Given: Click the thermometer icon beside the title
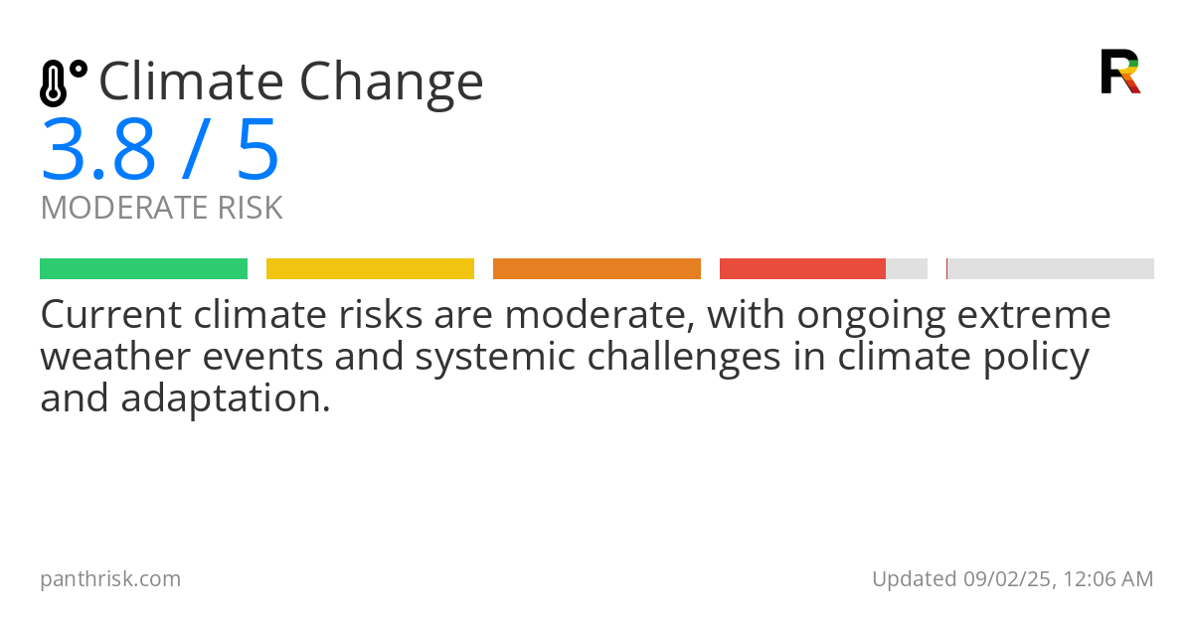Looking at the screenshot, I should tap(63, 83).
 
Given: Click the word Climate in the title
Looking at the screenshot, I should tap(190, 81).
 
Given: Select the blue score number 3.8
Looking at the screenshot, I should tap(98, 152).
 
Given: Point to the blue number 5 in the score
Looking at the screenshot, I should tap(257, 152).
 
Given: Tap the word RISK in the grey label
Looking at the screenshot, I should tap(250, 209).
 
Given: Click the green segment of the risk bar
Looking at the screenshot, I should tap(143, 269).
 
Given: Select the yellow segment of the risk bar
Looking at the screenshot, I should tap(370, 269).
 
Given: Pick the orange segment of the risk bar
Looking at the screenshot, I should tap(596, 269).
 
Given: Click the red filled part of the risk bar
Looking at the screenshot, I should tap(802, 269).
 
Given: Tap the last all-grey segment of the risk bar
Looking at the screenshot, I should tap(1051, 269).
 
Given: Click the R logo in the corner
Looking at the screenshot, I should tap(1119, 72).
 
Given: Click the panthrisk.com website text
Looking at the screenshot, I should tap(110, 579).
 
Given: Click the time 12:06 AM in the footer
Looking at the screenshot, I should tap(1106, 579).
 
